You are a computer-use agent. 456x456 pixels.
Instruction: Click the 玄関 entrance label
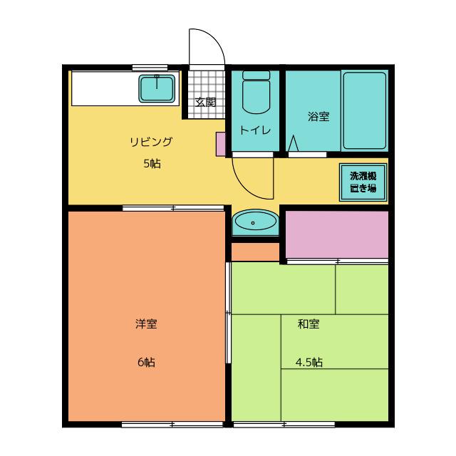click(206, 102)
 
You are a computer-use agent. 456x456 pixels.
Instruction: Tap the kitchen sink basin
click(157, 88)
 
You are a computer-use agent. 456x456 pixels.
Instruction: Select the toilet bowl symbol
click(256, 93)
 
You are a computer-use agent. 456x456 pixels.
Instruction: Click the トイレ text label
click(255, 130)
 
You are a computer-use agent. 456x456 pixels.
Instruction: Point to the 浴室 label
click(318, 116)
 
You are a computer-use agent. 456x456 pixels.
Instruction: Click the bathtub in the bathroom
click(365, 110)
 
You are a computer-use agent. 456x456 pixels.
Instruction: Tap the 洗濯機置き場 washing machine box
click(363, 182)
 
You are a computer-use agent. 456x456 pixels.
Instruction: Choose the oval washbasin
click(255, 222)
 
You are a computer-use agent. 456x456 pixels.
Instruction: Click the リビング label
click(151, 142)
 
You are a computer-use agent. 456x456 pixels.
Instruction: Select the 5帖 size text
click(152, 164)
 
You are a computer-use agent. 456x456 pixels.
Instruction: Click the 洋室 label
click(146, 323)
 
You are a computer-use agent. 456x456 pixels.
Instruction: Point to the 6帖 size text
click(146, 363)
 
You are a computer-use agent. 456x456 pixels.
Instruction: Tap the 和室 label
click(309, 323)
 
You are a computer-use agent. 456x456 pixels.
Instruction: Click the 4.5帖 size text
click(309, 363)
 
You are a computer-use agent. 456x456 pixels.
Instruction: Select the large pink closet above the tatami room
click(337, 234)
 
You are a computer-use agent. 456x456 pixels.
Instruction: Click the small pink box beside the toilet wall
click(221, 144)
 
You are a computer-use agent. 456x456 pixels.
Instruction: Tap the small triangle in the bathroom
click(293, 143)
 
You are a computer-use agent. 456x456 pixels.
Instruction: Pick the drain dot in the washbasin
click(253, 223)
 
